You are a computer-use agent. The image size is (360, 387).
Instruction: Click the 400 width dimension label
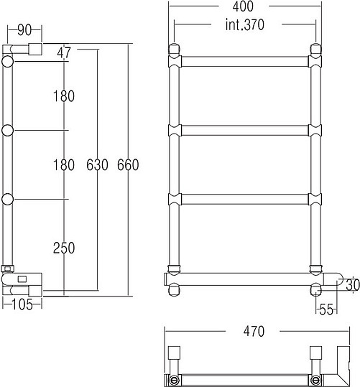click(243, 6)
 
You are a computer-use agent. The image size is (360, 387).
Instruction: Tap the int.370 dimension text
click(244, 24)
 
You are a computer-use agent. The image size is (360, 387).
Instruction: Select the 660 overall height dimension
click(128, 165)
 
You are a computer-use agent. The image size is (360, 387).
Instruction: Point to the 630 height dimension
click(97, 165)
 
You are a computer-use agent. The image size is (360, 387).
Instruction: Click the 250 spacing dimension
click(64, 248)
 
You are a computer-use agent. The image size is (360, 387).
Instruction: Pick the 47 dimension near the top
click(64, 52)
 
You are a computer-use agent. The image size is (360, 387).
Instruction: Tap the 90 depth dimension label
click(24, 30)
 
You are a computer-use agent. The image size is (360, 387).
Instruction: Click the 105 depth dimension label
click(22, 304)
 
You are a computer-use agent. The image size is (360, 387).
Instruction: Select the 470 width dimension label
click(254, 331)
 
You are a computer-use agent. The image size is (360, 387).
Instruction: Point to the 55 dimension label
click(326, 309)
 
